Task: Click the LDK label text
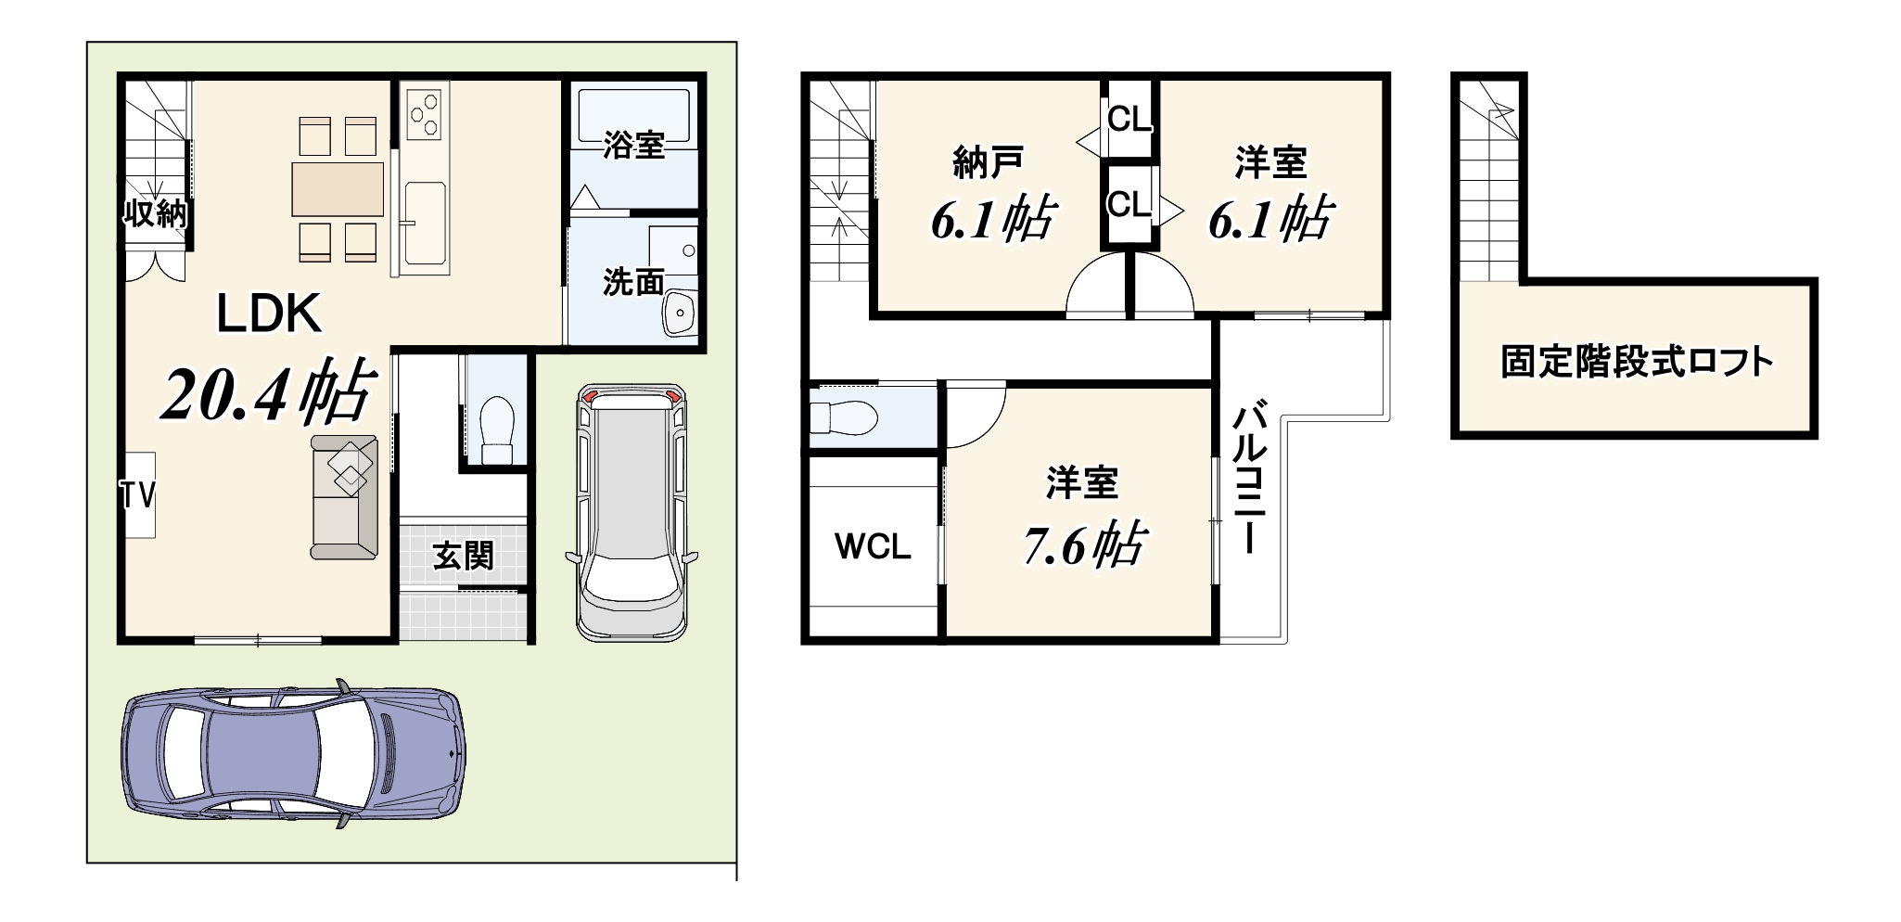(x=269, y=314)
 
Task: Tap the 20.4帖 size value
(x=269, y=392)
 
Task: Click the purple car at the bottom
(x=293, y=752)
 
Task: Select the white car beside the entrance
(x=632, y=511)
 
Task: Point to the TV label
(x=136, y=495)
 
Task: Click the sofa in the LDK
(x=344, y=497)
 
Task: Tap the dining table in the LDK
(x=338, y=189)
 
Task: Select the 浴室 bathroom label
(x=633, y=145)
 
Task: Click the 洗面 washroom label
(x=633, y=281)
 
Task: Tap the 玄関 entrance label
(x=463, y=556)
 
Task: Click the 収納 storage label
(x=157, y=213)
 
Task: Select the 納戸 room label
(x=988, y=162)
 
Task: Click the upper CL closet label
(x=1129, y=119)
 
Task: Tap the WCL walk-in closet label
(x=873, y=546)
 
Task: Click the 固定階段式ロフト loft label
(x=1637, y=362)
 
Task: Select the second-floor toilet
(x=842, y=416)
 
